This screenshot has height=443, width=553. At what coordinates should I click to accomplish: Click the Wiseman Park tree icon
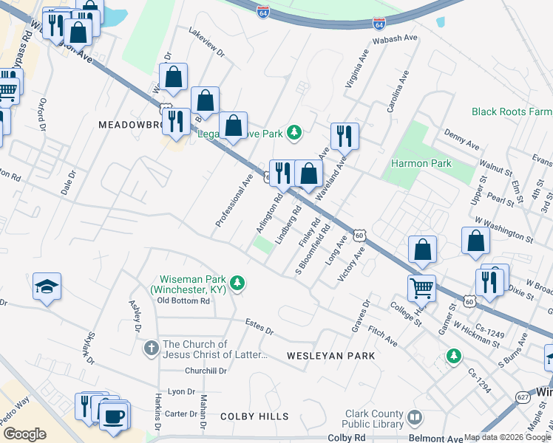(237, 283)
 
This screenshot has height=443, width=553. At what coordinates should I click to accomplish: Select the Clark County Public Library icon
(415, 419)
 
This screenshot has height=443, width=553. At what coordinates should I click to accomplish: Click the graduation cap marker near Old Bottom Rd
(47, 287)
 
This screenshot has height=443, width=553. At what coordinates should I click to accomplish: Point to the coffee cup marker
(114, 416)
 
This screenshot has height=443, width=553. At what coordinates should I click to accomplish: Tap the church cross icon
(151, 347)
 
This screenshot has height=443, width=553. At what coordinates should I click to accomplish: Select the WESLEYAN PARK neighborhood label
(330, 356)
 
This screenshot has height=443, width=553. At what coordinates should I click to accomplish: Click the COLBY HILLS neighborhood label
(254, 417)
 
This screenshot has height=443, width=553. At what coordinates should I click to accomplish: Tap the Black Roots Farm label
(512, 111)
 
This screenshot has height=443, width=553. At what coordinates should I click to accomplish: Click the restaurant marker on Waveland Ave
(345, 136)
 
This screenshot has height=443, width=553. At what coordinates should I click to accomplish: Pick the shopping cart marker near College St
(421, 289)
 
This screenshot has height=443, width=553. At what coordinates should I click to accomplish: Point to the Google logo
(24, 434)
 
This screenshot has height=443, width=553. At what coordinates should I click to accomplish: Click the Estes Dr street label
(259, 326)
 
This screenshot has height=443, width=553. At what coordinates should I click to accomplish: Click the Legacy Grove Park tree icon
(295, 132)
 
